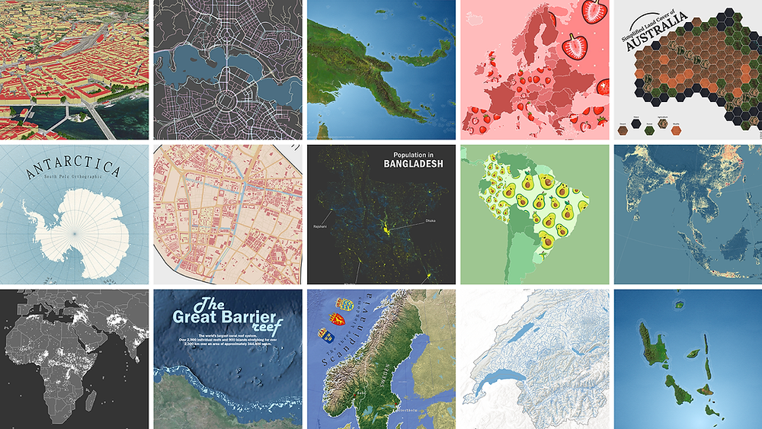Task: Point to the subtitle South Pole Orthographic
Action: pyautogui.click(x=73, y=181)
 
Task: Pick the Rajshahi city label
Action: pyautogui.click(x=320, y=226)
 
